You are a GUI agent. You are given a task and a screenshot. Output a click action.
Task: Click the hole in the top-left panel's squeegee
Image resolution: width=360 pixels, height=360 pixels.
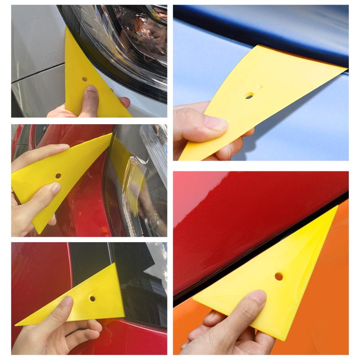[x=84, y=79]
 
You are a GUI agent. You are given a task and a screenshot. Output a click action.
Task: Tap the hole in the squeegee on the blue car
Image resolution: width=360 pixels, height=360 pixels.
[x=249, y=96]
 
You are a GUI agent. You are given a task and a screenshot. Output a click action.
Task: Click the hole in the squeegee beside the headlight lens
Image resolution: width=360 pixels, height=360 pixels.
[x=58, y=175]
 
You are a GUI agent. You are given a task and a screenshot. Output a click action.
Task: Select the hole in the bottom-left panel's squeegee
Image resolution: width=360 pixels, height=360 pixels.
[x=92, y=298]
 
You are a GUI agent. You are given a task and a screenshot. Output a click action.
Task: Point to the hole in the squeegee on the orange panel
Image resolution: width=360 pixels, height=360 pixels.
[x=279, y=276]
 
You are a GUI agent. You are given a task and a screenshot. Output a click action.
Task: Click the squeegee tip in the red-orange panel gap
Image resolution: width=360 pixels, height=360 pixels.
[x=335, y=207]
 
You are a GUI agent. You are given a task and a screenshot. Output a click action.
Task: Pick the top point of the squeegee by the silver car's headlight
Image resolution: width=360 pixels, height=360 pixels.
[x=68, y=28]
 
